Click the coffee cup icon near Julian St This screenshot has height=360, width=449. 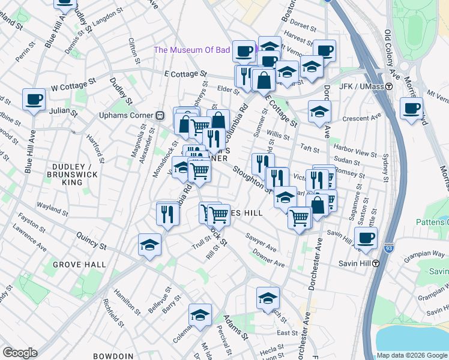[34, 100]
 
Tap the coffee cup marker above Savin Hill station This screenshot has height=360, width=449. [365, 238]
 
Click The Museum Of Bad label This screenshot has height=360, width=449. [192, 50]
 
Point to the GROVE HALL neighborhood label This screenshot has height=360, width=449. [79, 265]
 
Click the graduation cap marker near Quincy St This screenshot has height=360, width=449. [149, 245]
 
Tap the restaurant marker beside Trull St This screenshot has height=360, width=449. [168, 214]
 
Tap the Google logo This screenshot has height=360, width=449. [20, 353]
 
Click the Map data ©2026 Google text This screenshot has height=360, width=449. [411, 355]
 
